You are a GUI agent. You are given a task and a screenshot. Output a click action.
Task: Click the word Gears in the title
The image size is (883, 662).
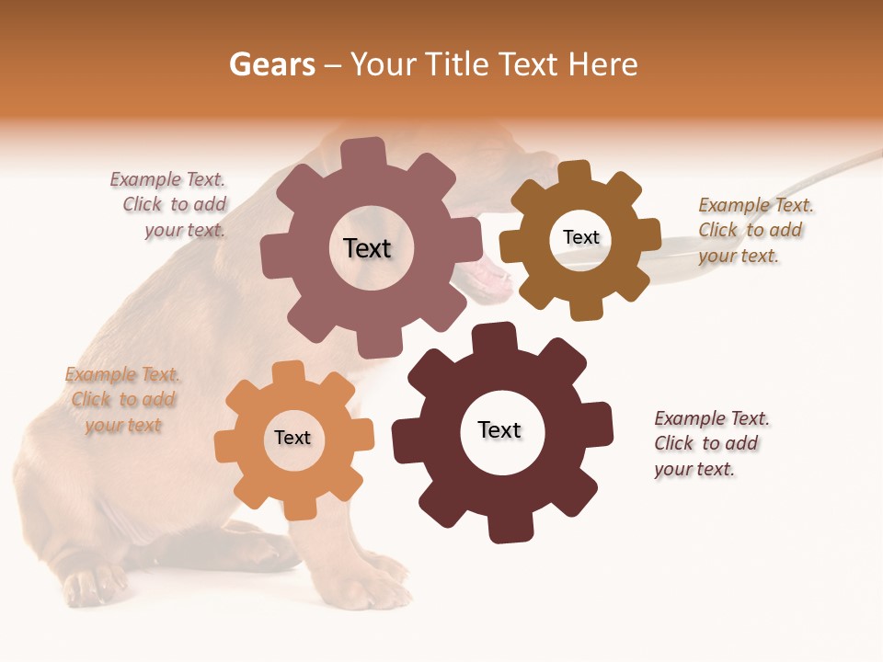click(x=271, y=64)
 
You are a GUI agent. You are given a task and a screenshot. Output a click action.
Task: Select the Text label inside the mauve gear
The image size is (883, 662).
click(x=367, y=248)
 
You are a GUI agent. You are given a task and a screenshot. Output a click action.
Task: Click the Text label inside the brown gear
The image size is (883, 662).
click(x=580, y=238)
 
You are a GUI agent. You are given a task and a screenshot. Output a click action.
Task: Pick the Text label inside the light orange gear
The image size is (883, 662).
click(x=292, y=439)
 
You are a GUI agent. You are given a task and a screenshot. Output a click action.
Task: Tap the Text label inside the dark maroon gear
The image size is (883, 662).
click(x=499, y=430)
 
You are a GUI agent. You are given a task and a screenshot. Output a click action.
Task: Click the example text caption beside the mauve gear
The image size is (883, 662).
click(x=171, y=205)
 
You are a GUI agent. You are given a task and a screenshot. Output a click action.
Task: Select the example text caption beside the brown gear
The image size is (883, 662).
click(x=754, y=231)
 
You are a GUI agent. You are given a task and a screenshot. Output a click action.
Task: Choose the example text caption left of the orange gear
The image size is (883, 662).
click(x=122, y=400)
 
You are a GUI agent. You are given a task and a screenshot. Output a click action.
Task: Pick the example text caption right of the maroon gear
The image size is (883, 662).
click(x=710, y=444)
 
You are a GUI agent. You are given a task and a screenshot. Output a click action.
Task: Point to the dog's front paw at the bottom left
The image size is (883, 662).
click(x=92, y=585)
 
